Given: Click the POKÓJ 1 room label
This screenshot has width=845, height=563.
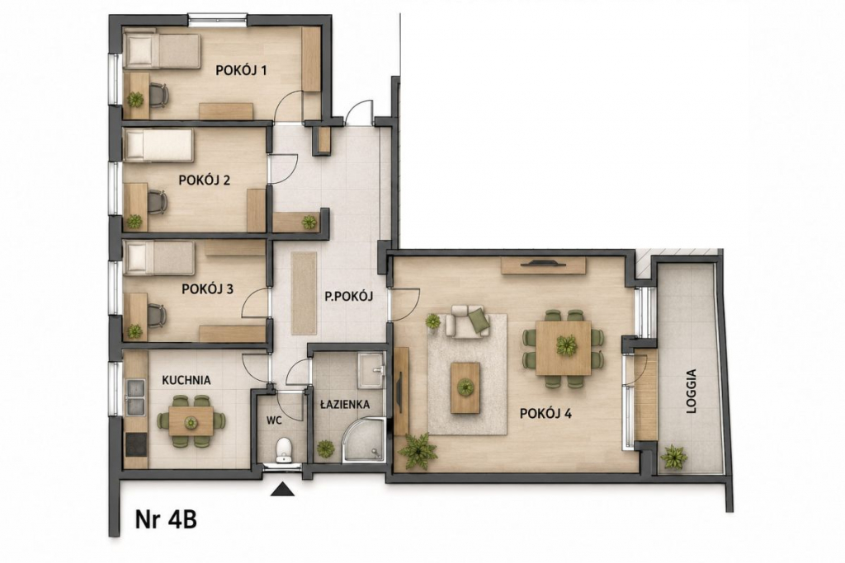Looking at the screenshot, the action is click(241, 71).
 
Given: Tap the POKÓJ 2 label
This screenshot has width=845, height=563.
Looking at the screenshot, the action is click(205, 180).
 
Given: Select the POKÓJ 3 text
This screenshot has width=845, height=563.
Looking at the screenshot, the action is click(207, 289).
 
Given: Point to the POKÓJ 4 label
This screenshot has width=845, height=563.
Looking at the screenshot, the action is click(545, 413).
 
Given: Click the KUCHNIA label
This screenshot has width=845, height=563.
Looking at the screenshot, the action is click(186, 380).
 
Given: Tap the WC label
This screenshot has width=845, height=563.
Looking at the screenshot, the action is click(275, 420).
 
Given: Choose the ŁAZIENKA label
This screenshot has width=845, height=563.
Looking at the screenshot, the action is click(344, 404).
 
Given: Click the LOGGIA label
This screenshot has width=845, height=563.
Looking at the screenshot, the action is click(692, 391).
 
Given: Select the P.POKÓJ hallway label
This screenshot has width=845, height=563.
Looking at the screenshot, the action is click(349, 295).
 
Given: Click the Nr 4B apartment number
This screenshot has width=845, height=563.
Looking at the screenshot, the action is click(166, 520).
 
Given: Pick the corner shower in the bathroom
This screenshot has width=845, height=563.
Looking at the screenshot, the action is click(364, 439).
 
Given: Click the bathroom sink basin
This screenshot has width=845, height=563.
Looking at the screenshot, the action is click(372, 369).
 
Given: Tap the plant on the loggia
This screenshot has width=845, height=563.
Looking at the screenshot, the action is click(673, 457).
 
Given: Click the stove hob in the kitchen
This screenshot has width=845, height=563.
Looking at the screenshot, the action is click(136, 444).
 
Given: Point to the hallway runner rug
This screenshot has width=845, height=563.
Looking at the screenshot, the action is click(304, 293).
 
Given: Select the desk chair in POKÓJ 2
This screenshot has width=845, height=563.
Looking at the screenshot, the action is click(157, 203).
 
